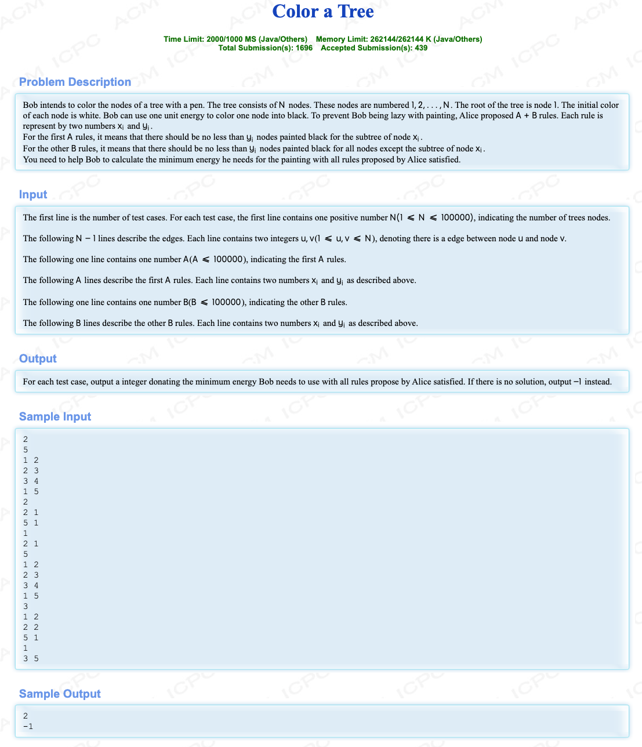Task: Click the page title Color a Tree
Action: click(323, 12)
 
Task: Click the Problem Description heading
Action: click(75, 82)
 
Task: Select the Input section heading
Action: click(33, 194)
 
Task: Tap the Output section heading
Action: click(38, 358)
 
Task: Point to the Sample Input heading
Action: click(55, 416)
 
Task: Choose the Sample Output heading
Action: click(60, 694)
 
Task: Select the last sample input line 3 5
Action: click(31, 658)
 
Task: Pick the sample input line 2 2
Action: click(31, 627)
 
